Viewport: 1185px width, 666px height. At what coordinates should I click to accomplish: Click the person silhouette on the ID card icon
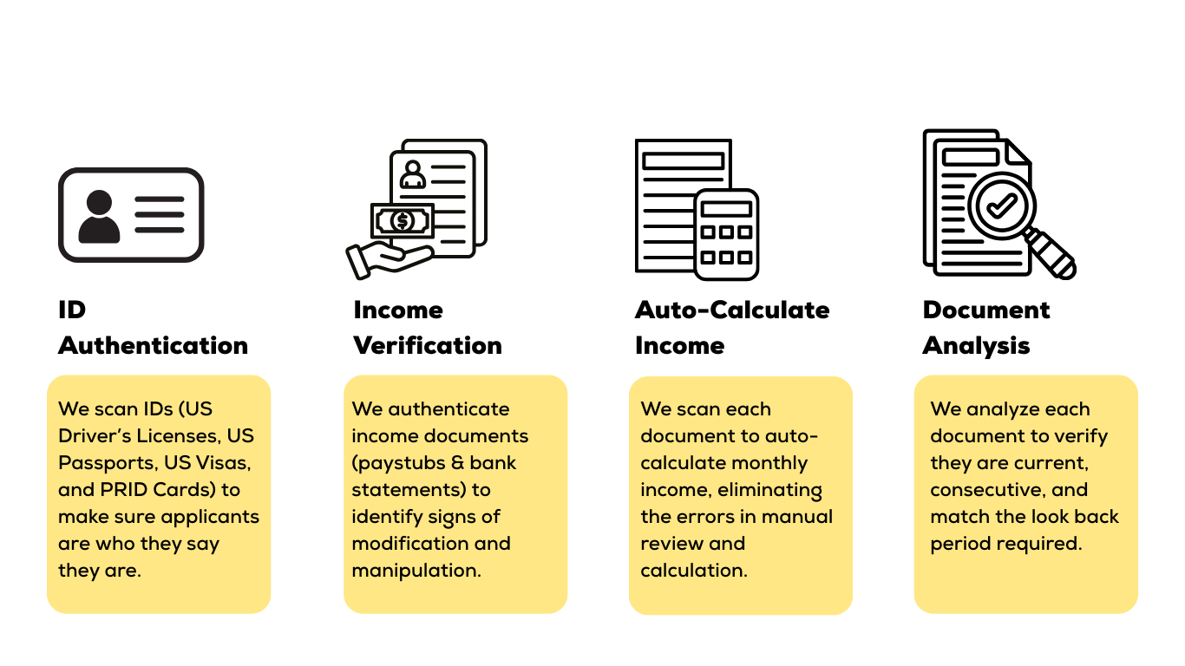(99, 217)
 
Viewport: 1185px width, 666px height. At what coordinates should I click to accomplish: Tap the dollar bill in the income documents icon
(402, 221)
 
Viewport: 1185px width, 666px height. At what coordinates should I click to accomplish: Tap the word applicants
(210, 517)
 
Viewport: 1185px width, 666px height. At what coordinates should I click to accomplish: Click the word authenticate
(448, 409)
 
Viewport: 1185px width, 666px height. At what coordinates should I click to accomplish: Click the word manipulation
(416, 571)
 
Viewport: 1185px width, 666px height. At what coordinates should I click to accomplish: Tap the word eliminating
(775, 490)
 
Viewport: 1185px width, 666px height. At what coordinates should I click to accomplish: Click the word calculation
(693, 571)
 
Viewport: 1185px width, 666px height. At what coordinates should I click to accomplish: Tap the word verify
(1079, 436)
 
